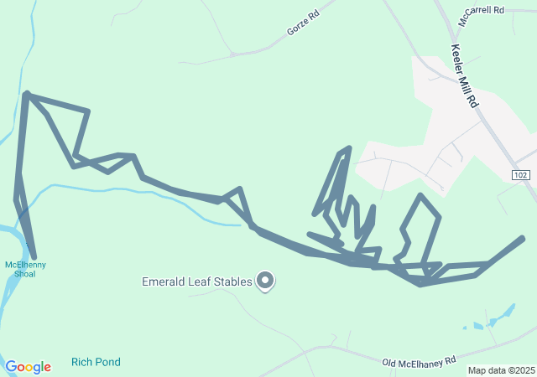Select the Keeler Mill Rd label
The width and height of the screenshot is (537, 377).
pos(464,76)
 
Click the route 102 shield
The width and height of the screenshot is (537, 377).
pos(521,173)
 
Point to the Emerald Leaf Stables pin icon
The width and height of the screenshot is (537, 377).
pos(265,281)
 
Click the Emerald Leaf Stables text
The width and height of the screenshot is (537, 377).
pos(196,282)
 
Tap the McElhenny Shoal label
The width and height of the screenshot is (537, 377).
pos(25,270)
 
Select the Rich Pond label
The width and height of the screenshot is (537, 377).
pos(96,362)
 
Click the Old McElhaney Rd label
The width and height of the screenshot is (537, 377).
pos(419,361)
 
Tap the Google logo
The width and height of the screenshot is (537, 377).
pos(28,367)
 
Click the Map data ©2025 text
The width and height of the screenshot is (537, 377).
pos(501,370)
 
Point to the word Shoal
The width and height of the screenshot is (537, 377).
pos(25,274)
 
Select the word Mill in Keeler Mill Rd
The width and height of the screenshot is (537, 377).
pos(466,80)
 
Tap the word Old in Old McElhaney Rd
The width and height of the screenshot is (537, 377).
pos(389,364)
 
